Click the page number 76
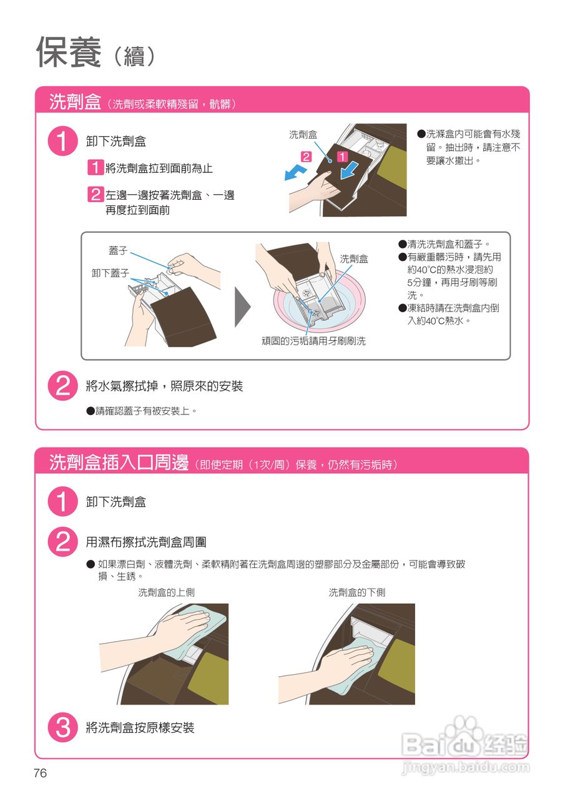[x=41, y=773]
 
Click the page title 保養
[x=69, y=52]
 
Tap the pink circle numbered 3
[x=63, y=727]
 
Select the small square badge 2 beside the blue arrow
[x=306, y=157]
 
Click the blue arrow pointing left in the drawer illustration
[x=295, y=174]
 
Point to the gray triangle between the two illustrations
[x=243, y=307]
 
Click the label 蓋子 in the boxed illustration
[x=118, y=250]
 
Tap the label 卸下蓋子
[x=111, y=273]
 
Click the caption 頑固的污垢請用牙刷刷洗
[x=313, y=341]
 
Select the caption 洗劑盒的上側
[x=166, y=592]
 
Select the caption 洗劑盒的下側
[x=356, y=592]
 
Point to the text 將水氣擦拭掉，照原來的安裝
[x=164, y=386]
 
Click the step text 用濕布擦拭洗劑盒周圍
[x=146, y=542]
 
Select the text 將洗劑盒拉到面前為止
[x=159, y=168]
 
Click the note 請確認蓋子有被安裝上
[x=142, y=411]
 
